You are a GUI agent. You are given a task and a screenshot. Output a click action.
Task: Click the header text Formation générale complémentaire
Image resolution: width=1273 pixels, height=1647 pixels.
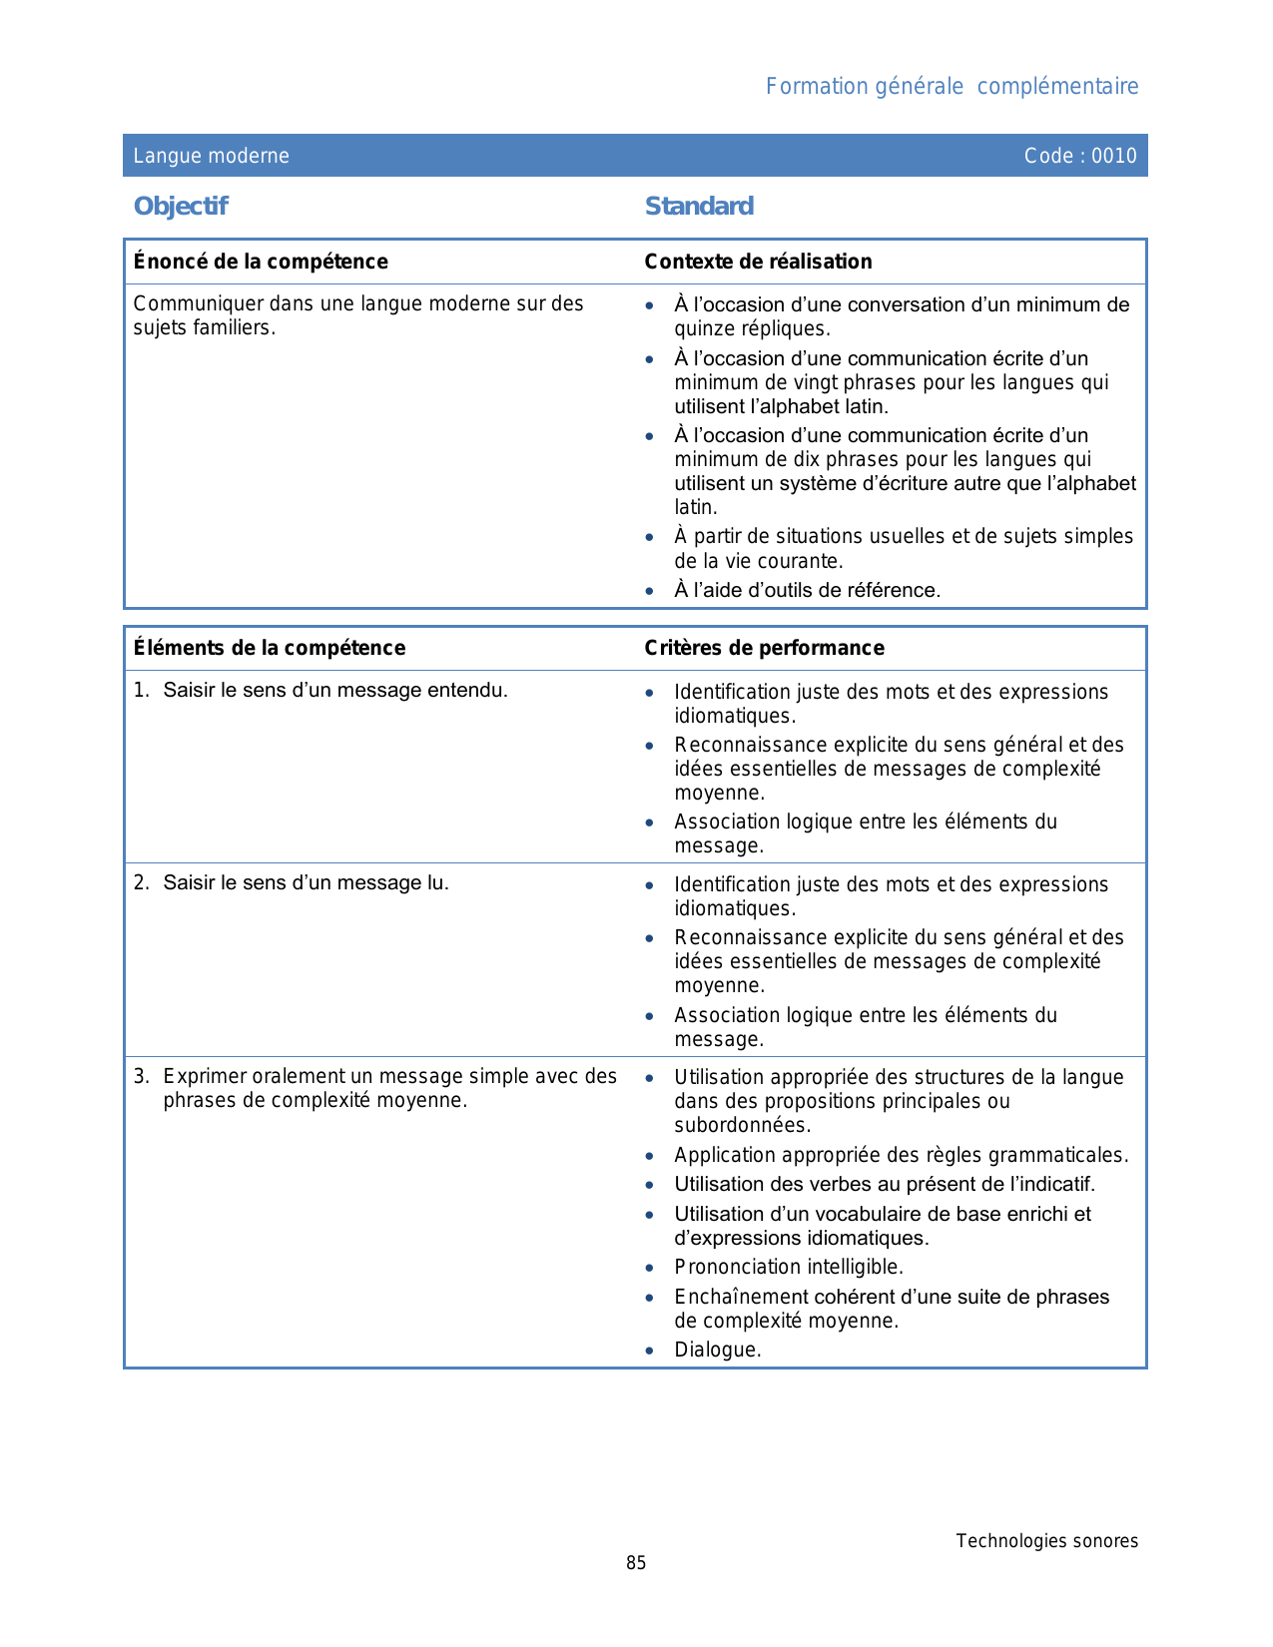pos(952,87)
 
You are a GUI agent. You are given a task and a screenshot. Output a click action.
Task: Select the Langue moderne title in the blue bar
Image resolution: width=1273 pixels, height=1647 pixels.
pos(212,156)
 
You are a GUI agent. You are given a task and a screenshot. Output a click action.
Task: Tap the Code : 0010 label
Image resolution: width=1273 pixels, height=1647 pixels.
pos(1079,156)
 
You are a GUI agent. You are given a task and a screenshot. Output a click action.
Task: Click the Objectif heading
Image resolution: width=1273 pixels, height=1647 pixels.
pos(181,206)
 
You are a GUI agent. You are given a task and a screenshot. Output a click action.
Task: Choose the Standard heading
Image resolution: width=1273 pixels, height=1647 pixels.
pos(699,206)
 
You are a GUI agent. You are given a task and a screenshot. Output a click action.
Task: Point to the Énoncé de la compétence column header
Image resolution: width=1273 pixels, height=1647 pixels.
pos(261,262)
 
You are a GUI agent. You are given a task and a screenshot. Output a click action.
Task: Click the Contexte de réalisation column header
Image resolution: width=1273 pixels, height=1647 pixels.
pos(758,262)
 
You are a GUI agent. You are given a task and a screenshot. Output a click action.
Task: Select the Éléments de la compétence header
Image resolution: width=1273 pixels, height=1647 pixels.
pos(270,648)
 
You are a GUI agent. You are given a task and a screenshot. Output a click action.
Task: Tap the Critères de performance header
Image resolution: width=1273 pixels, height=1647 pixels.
pos(764,648)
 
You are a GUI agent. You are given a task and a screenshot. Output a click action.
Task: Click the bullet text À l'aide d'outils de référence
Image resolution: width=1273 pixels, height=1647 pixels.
pos(807,590)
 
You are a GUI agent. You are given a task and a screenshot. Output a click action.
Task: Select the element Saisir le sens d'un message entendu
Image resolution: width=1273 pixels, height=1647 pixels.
pos(335,690)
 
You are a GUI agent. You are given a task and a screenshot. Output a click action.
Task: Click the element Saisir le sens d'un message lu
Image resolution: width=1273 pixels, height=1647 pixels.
pos(306,882)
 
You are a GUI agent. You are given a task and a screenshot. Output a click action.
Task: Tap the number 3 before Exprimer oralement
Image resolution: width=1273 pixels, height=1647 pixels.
pos(141,1076)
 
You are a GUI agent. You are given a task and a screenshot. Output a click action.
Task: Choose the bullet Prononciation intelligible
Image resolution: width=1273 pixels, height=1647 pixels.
pos(789,1267)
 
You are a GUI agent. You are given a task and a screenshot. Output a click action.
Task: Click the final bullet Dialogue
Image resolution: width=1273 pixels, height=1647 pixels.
pos(717,1350)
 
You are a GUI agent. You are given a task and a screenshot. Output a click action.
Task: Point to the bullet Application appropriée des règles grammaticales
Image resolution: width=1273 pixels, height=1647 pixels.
pos(901,1155)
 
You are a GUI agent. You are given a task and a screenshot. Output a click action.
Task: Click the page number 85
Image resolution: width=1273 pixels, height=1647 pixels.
pos(636,1563)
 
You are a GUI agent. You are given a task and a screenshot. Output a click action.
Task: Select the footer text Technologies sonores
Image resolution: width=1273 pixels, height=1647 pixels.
pos(1046,1541)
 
